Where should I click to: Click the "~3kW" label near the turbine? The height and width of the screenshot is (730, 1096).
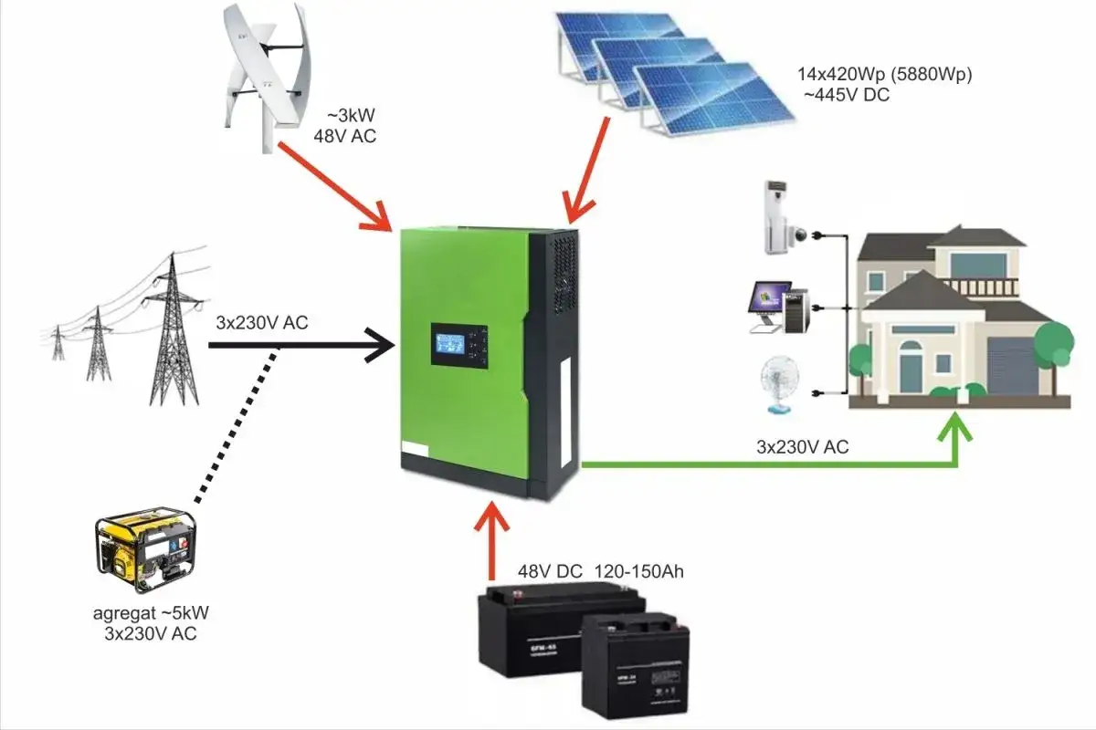click(353, 117)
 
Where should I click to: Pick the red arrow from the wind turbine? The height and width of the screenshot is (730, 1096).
click(338, 182)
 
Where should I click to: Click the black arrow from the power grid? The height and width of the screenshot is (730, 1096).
click(301, 346)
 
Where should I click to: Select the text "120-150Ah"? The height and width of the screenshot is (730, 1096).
click(638, 572)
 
